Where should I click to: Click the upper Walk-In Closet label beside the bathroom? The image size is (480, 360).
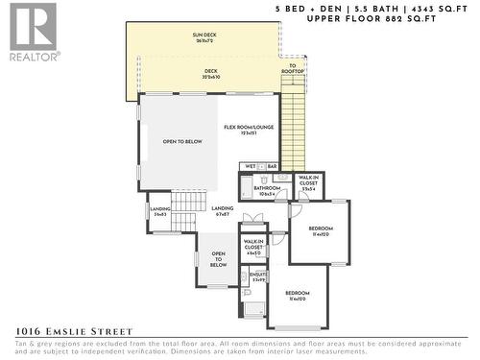(309, 182)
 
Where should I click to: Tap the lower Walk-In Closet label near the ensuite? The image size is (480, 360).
(254, 247)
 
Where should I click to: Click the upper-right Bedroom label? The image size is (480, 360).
(322, 231)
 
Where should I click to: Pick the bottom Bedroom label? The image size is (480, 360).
(297, 295)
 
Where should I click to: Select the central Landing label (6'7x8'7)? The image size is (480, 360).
(223, 211)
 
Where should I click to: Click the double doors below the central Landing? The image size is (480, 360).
(252, 221)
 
